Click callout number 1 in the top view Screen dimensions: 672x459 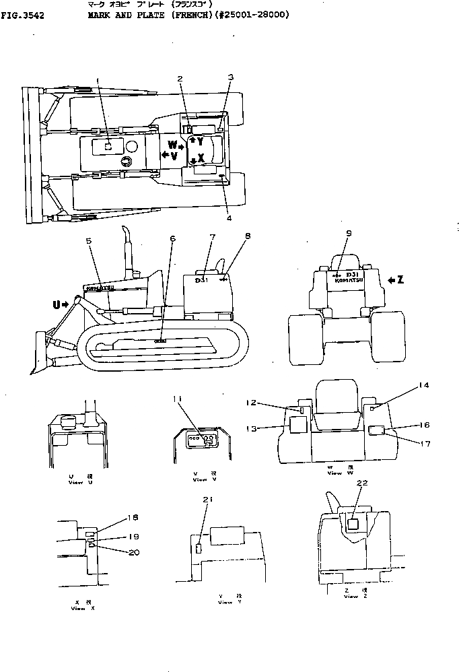pos(98,80)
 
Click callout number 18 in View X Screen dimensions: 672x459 pos(132,518)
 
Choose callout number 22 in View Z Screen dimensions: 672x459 pos(362,483)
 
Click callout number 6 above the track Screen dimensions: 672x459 pos(172,238)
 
